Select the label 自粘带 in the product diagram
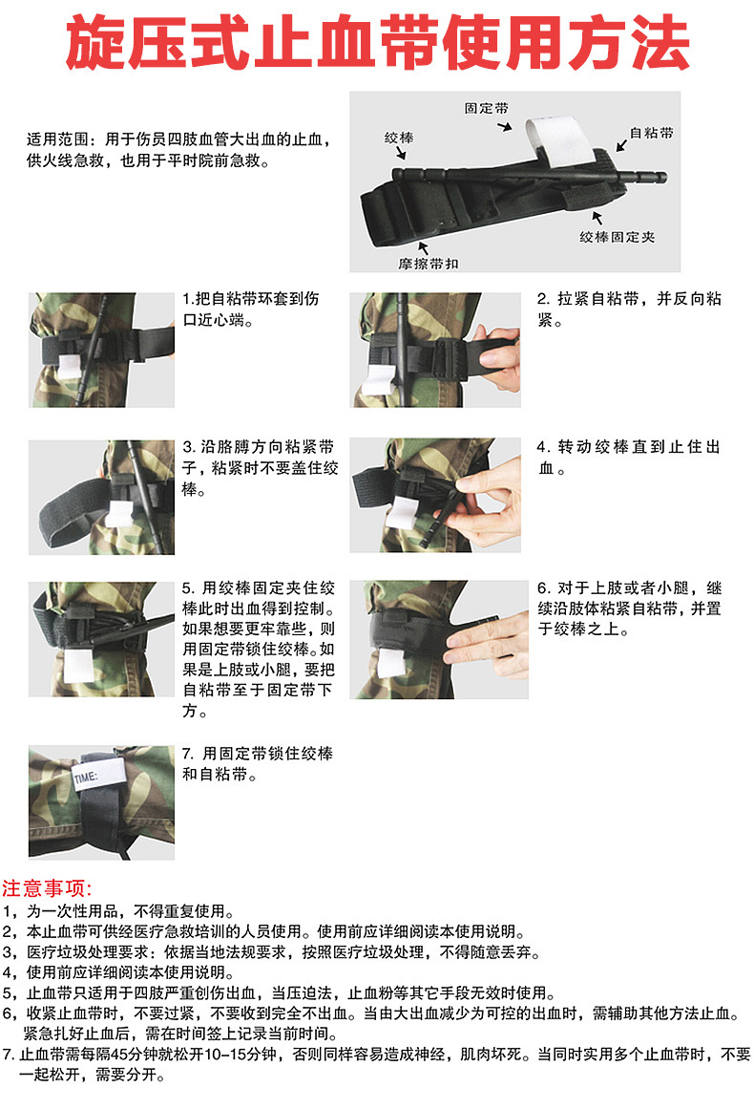[651, 133]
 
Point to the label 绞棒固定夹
[617, 235]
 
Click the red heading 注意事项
[48, 887]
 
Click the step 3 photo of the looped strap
[101, 497]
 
